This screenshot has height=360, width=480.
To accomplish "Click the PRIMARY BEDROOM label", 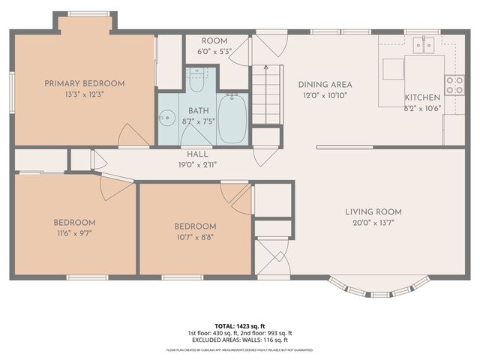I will pos(84,84).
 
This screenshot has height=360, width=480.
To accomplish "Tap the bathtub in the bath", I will pos(232,120).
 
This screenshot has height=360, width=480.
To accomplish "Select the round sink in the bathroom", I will pos(166,118).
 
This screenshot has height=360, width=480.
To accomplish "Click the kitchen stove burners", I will pos(454,85).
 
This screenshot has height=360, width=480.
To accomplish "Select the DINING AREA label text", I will pos(325,85).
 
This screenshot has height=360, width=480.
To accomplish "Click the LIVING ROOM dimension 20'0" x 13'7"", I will pos(373,223).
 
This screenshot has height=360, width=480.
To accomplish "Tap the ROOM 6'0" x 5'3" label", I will pos(214,46).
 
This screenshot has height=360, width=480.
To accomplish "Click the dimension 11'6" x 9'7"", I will pos(74,234).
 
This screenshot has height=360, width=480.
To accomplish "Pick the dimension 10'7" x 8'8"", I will pos(195,238).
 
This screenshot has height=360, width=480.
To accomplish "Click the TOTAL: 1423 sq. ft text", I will pos(240,326).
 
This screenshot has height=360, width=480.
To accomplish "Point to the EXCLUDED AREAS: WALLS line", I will pos(240,340).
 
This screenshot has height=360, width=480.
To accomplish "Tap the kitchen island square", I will pos(394,68).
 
